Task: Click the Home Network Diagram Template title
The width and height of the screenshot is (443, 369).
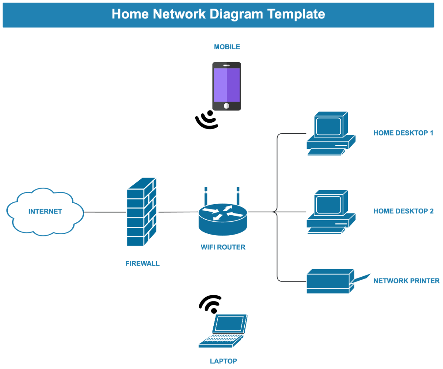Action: coord(218,14)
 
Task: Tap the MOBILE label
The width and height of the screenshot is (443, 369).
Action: coord(227,47)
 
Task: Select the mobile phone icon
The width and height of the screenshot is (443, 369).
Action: coord(227,86)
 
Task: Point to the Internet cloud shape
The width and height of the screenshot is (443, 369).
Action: coord(45,212)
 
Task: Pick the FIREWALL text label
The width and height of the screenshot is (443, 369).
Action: coord(142,263)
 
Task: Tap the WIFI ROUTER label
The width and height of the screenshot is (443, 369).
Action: coord(223,247)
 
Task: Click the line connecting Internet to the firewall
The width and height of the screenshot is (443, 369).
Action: coord(105,212)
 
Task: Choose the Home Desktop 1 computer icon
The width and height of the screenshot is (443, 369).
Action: coord(330,133)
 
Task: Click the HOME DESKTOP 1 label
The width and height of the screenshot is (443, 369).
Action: coord(403,133)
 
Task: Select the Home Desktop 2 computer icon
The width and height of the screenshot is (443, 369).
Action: coord(330,212)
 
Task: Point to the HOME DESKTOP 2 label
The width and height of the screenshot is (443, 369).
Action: coord(403,211)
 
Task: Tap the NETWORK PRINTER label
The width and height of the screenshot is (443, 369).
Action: coord(406,281)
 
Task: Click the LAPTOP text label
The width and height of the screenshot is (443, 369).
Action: coord(223,361)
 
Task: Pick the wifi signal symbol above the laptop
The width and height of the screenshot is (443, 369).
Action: coord(210,304)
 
